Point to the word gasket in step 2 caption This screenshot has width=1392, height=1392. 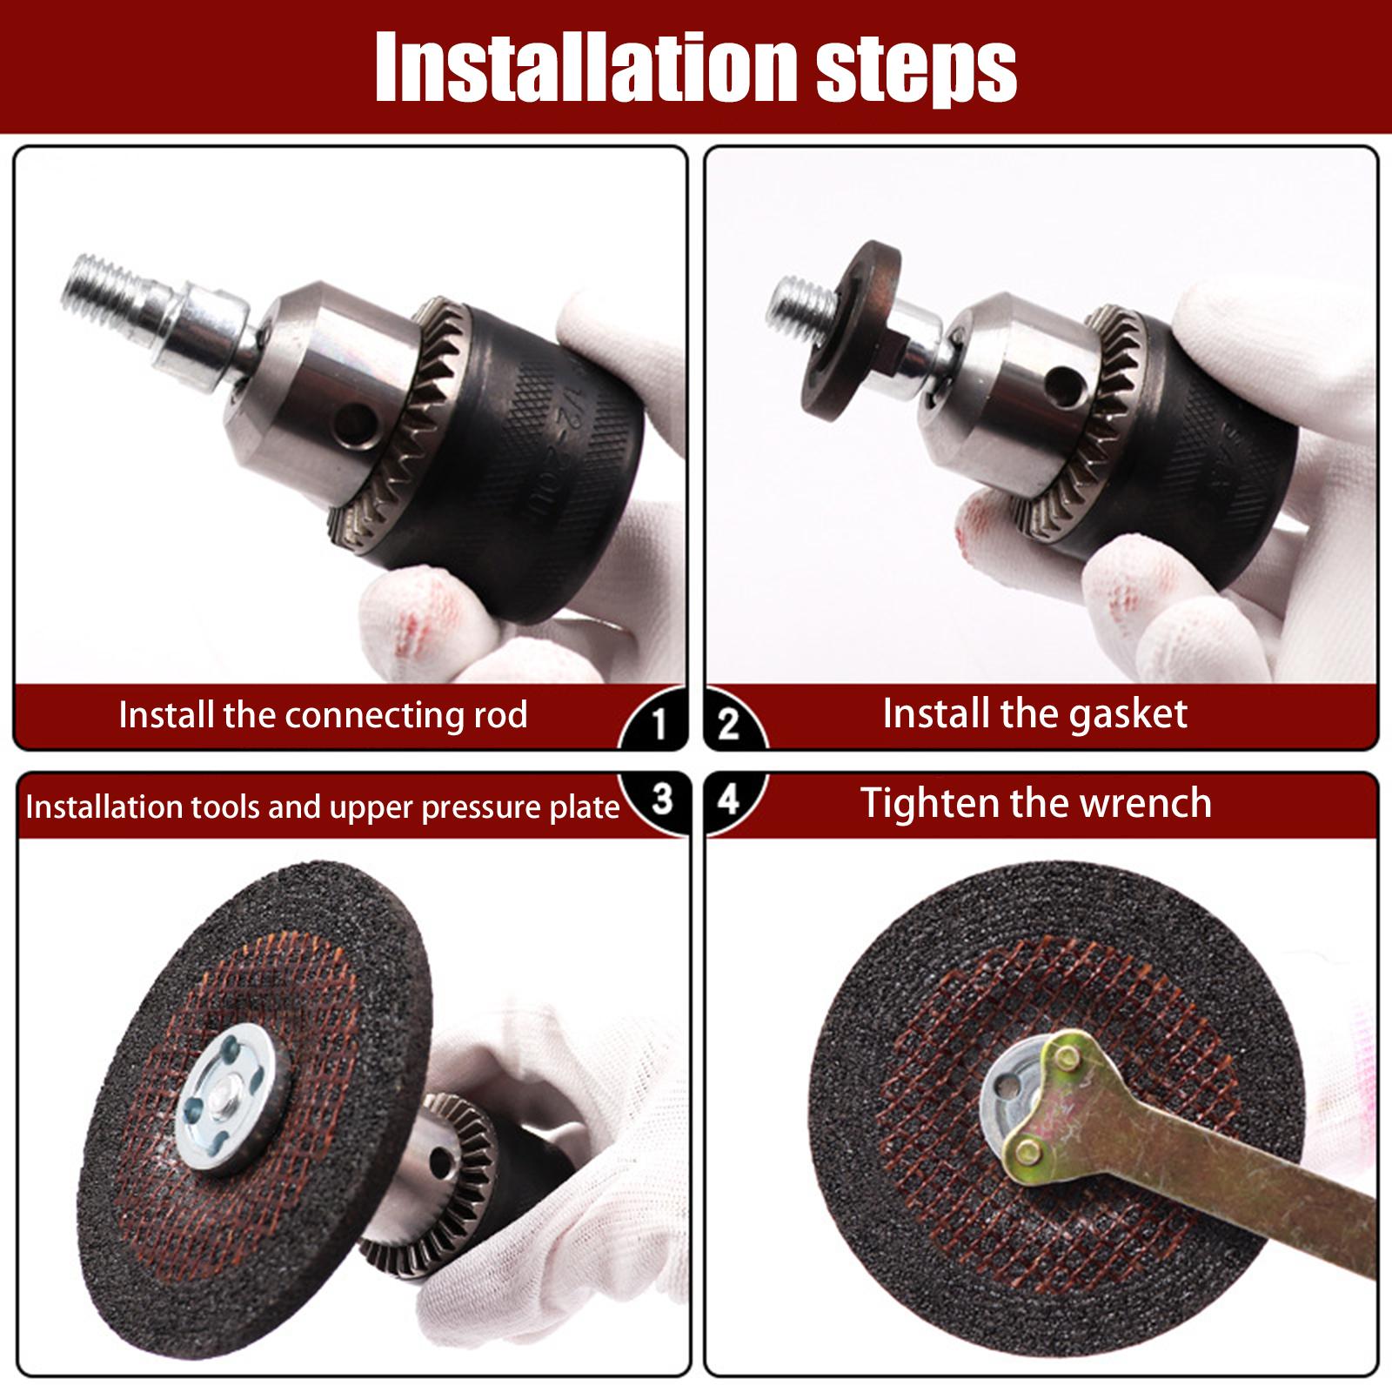[x=1128, y=715]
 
